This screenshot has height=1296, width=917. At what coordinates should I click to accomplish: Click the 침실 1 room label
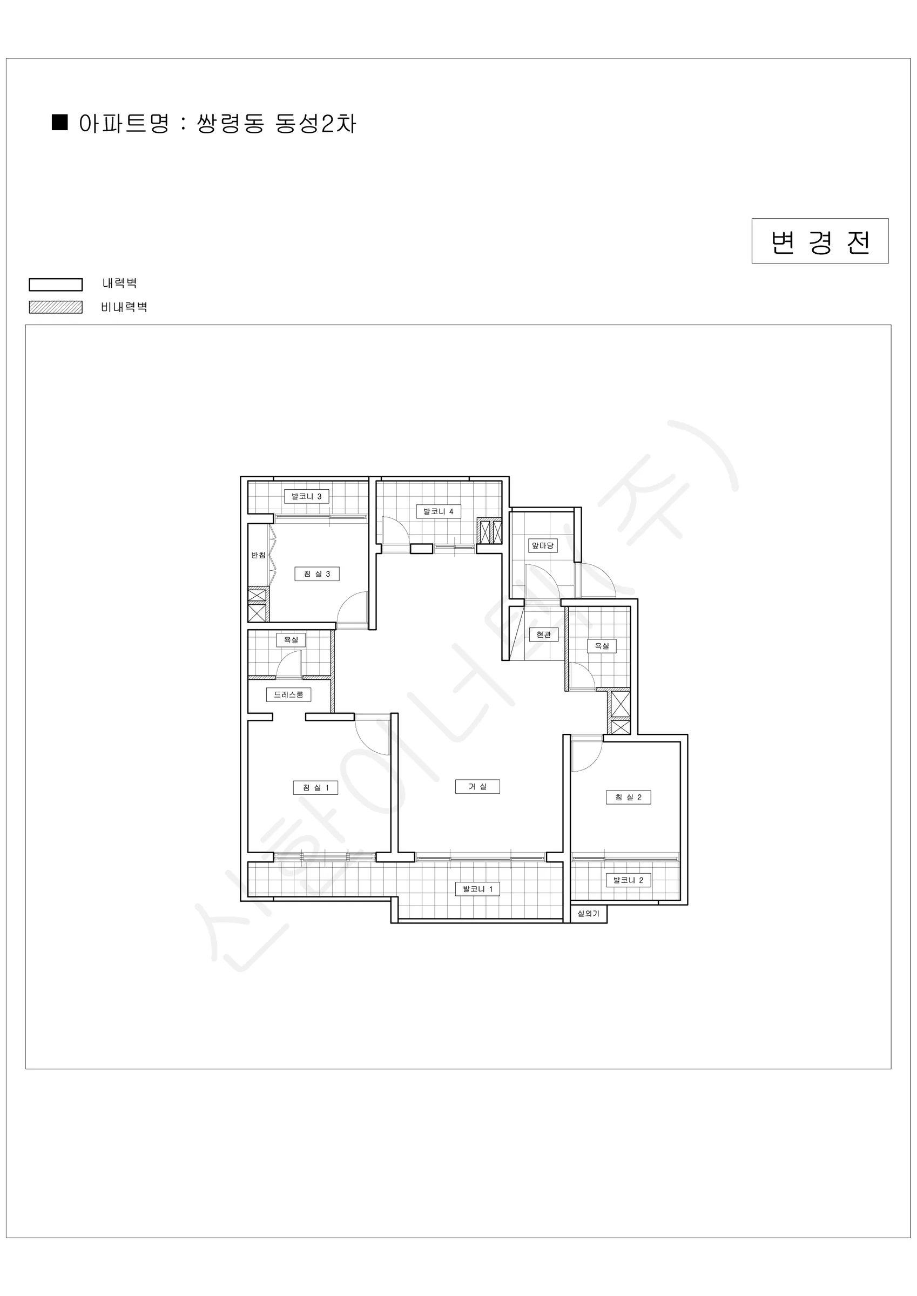[x=315, y=787]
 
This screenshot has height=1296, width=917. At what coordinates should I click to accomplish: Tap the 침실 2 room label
[x=628, y=797]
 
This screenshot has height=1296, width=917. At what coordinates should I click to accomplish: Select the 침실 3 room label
[x=317, y=573]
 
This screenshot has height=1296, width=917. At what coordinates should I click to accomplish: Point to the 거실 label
[x=477, y=786]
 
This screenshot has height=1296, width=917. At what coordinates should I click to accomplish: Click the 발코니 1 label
[x=477, y=889]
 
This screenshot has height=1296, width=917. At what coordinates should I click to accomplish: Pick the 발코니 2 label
[x=628, y=880]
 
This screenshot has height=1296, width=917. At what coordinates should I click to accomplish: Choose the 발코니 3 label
[x=306, y=496]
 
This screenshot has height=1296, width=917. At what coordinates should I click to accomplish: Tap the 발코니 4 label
[x=438, y=511]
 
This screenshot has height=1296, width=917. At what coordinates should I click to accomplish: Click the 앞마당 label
[x=543, y=545]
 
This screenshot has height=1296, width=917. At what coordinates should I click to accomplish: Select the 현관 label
[x=543, y=634]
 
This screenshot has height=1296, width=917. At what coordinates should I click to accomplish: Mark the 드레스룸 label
[x=288, y=694]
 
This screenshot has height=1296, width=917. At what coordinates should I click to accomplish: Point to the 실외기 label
[x=588, y=913]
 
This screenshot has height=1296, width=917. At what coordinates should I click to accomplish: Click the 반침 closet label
[x=258, y=555]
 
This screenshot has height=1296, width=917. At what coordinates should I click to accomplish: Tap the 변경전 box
[x=820, y=241]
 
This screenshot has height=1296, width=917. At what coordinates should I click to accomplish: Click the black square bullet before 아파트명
[x=60, y=123]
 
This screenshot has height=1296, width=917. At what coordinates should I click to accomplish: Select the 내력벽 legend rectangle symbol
[x=55, y=285]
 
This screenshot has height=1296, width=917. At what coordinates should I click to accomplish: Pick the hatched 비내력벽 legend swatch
[x=55, y=307]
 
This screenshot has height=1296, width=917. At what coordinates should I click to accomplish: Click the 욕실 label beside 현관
[x=602, y=646]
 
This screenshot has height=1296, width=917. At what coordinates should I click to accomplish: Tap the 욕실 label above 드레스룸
[x=291, y=639]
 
